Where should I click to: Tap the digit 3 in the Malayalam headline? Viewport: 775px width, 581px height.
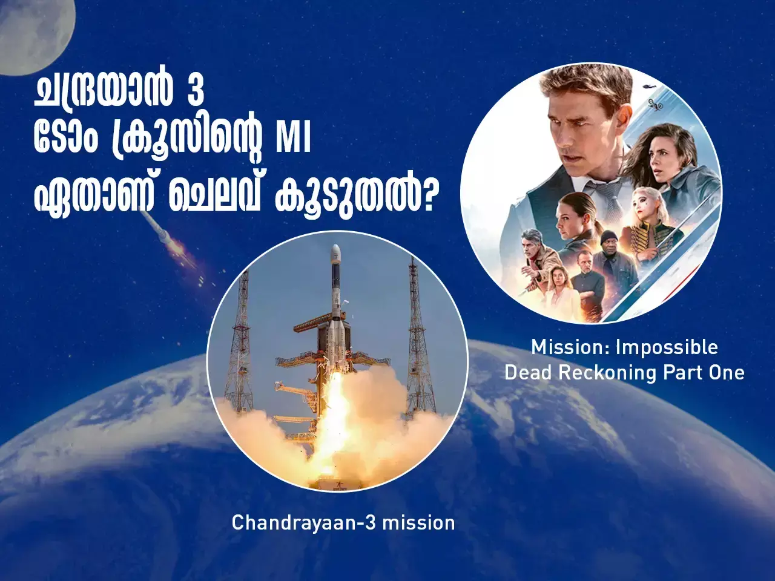pyautogui.click(x=195, y=91)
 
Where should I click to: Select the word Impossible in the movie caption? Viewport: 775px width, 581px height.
pyautogui.click(x=667, y=347)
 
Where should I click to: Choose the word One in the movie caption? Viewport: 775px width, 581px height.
pyautogui.click(x=727, y=373)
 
